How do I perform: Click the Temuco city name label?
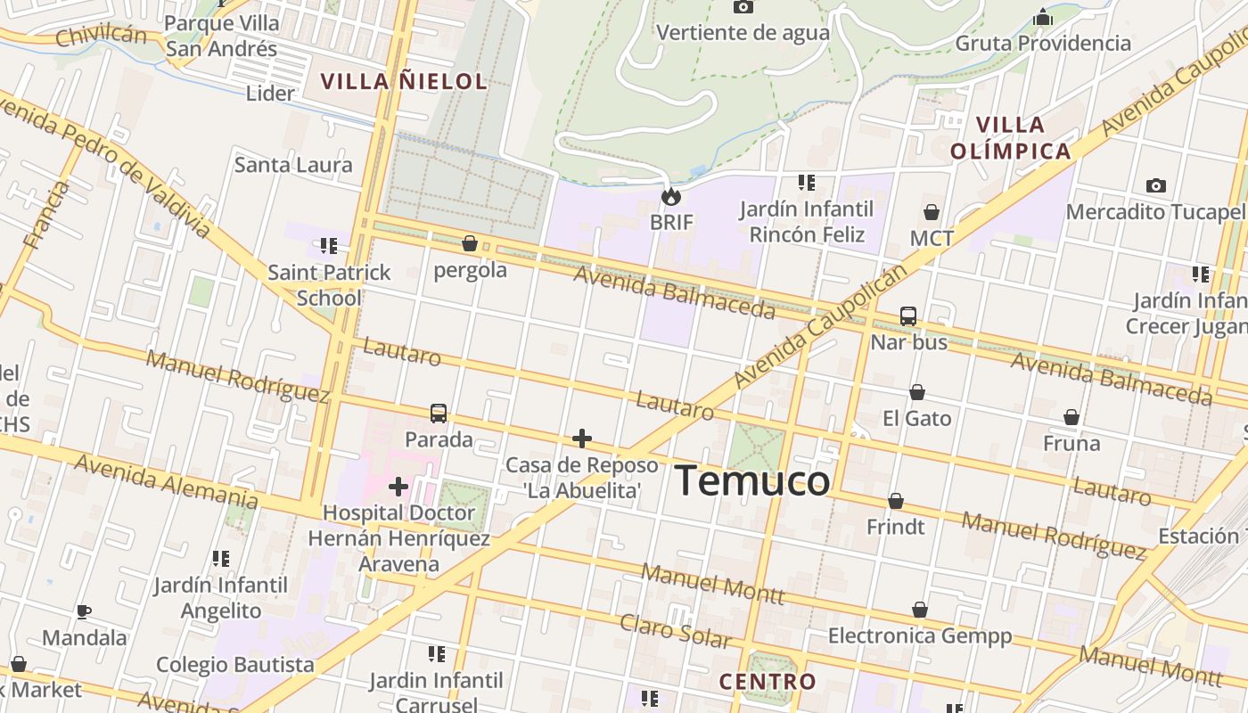[x=752, y=481]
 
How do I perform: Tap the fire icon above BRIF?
[x=670, y=196]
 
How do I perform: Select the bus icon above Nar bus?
[x=908, y=316]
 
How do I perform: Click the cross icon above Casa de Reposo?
[x=581, y=438]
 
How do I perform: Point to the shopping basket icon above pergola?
[x=470, y=243]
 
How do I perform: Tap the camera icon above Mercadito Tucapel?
[x=1155, y=185]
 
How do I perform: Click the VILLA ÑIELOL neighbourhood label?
[x=403, y=82]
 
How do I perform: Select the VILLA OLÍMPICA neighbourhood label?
[x=1010, y=138]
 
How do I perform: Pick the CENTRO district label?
[x=768, y=682]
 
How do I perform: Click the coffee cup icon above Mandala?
[x=84, y=611]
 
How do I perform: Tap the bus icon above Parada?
[x=439, y=414]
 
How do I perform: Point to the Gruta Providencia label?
[x=1043, y=43]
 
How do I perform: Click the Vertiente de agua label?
[x=743, y=33]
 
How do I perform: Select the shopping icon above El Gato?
[x=916, y=392]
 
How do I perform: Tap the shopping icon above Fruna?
[x=1071, y=417]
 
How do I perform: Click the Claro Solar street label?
[x=676, y=631]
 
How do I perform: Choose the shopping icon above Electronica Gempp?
[x=920, y=610]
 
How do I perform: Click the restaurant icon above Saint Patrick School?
[x=329, y=245]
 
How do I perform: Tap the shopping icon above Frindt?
[x=896, y=501]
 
